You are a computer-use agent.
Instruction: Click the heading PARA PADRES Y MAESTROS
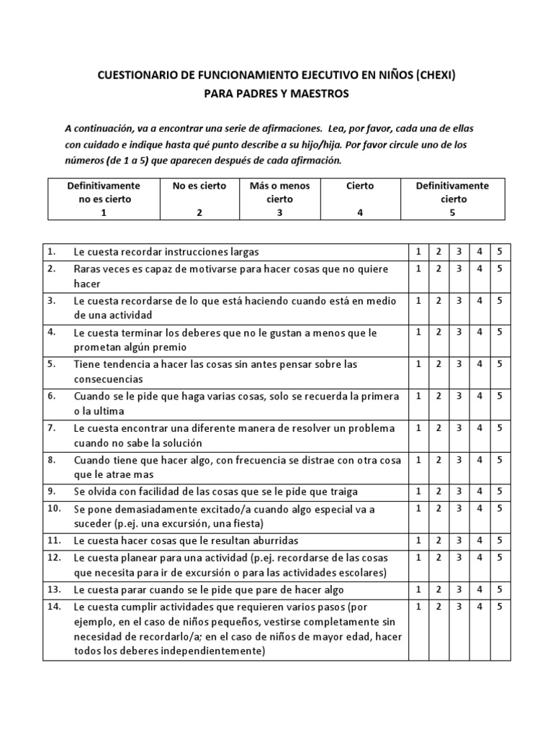[x=276, y=94]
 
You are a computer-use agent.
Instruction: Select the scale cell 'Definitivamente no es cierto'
[x=104, y=199]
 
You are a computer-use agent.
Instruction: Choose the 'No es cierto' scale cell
[x=199, y=199]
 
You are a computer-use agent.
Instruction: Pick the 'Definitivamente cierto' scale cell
[x=452, y=199]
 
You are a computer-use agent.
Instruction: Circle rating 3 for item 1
[x=459, y=251]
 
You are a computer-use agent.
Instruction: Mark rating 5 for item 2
[x=499, y=268]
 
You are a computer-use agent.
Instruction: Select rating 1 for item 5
[x=418, y=364]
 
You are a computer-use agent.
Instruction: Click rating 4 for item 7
[x=479, y=428]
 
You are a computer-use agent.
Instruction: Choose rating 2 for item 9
[x=439, y=492]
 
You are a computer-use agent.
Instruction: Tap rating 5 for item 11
[x=499, y=540]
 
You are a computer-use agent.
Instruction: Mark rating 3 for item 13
[x=459, y=589]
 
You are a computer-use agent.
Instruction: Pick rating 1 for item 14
[x=418, y=607]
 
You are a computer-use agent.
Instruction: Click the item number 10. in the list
[x=53, y=509]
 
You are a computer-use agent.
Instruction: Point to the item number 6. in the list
[x=51, y=396]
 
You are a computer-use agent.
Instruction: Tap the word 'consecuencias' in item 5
[x=108, y=379]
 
